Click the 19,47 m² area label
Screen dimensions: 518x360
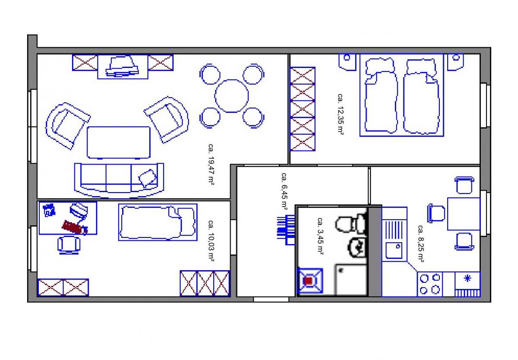pos(211,164)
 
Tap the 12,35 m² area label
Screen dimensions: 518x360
pos(340,114)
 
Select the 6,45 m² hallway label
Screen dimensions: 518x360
pos(284,191)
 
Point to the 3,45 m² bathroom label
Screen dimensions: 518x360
pos(320,236)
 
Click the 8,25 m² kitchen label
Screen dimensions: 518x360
pos(420,243)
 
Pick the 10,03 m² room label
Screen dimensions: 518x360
pos(211,241)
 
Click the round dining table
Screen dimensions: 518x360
pos(232,96)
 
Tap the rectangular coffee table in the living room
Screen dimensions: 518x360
pos(119,142)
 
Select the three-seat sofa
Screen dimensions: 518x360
pos(119,180)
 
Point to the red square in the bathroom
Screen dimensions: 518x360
pos(309,281)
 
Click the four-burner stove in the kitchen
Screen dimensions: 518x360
pos(430,284)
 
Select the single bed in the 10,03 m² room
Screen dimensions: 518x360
pos(158,222)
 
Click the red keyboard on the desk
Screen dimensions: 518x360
pos(74,227)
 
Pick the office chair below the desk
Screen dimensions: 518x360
pos(69,245)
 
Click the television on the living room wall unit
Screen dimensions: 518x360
pos(122,66)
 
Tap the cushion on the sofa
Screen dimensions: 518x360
pos(147,178)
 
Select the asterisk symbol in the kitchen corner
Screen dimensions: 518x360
pos(467,278)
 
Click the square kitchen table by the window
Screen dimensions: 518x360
pos(464,214)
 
